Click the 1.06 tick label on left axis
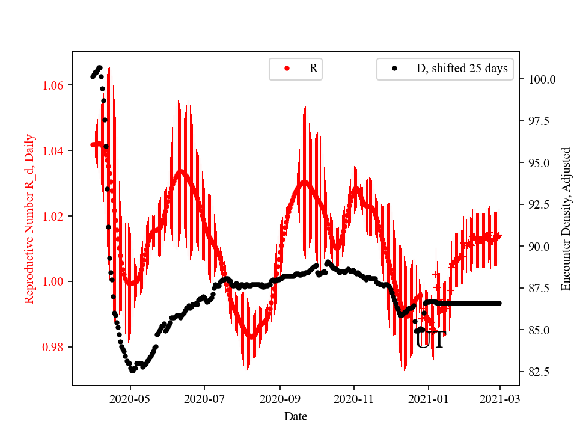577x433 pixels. click(x=54, y=85)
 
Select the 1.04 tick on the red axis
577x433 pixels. click(x=54, y=150)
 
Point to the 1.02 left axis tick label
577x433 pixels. click(x=54, y=216)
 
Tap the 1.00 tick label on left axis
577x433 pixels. click(x=54, y=281)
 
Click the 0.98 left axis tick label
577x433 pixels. click(x=54, y=347)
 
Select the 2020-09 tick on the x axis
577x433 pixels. click(x=279, y=398)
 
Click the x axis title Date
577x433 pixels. click(x=296, y=416)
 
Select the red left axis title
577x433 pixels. click(x=29, y=218)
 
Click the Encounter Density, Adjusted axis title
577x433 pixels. click(x=566, y=218)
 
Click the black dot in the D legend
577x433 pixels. click(x=395, y=69)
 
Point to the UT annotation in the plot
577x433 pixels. click(x=430, y=340)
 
